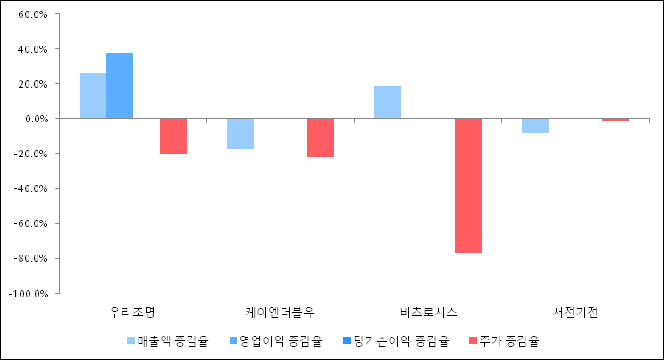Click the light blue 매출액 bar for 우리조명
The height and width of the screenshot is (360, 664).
pos(93,96)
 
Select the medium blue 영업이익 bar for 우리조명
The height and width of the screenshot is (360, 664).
pos(120,86)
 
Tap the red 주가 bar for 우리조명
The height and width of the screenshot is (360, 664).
pos(173,136)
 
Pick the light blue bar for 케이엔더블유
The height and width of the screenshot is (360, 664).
pos(240,134)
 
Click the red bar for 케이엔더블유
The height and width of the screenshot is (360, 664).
pos(321,138)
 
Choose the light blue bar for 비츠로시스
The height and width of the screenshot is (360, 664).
pos(388,102)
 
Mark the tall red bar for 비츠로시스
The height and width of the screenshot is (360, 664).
pos(468,186)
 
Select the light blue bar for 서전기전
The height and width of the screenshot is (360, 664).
pos(535,126)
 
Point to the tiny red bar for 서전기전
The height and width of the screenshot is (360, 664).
pos(616,120)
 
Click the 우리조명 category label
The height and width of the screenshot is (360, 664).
pos(132,313)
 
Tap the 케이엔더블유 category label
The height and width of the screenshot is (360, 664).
pos(280,313)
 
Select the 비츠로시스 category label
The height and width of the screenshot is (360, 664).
pos(428,313)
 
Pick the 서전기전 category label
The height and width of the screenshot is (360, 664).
pos(576,313)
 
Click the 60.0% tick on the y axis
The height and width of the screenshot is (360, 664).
pos(32,15)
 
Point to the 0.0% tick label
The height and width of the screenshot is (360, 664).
pos(35,119)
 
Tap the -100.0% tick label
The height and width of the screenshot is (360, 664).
pos(29,293)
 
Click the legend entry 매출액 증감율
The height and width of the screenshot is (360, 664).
pos(172,340)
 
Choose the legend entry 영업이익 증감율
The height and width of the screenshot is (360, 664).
pos(281,340)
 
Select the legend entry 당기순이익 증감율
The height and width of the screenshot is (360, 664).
pos(399,340)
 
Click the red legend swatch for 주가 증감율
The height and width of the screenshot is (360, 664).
pos(472,340)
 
